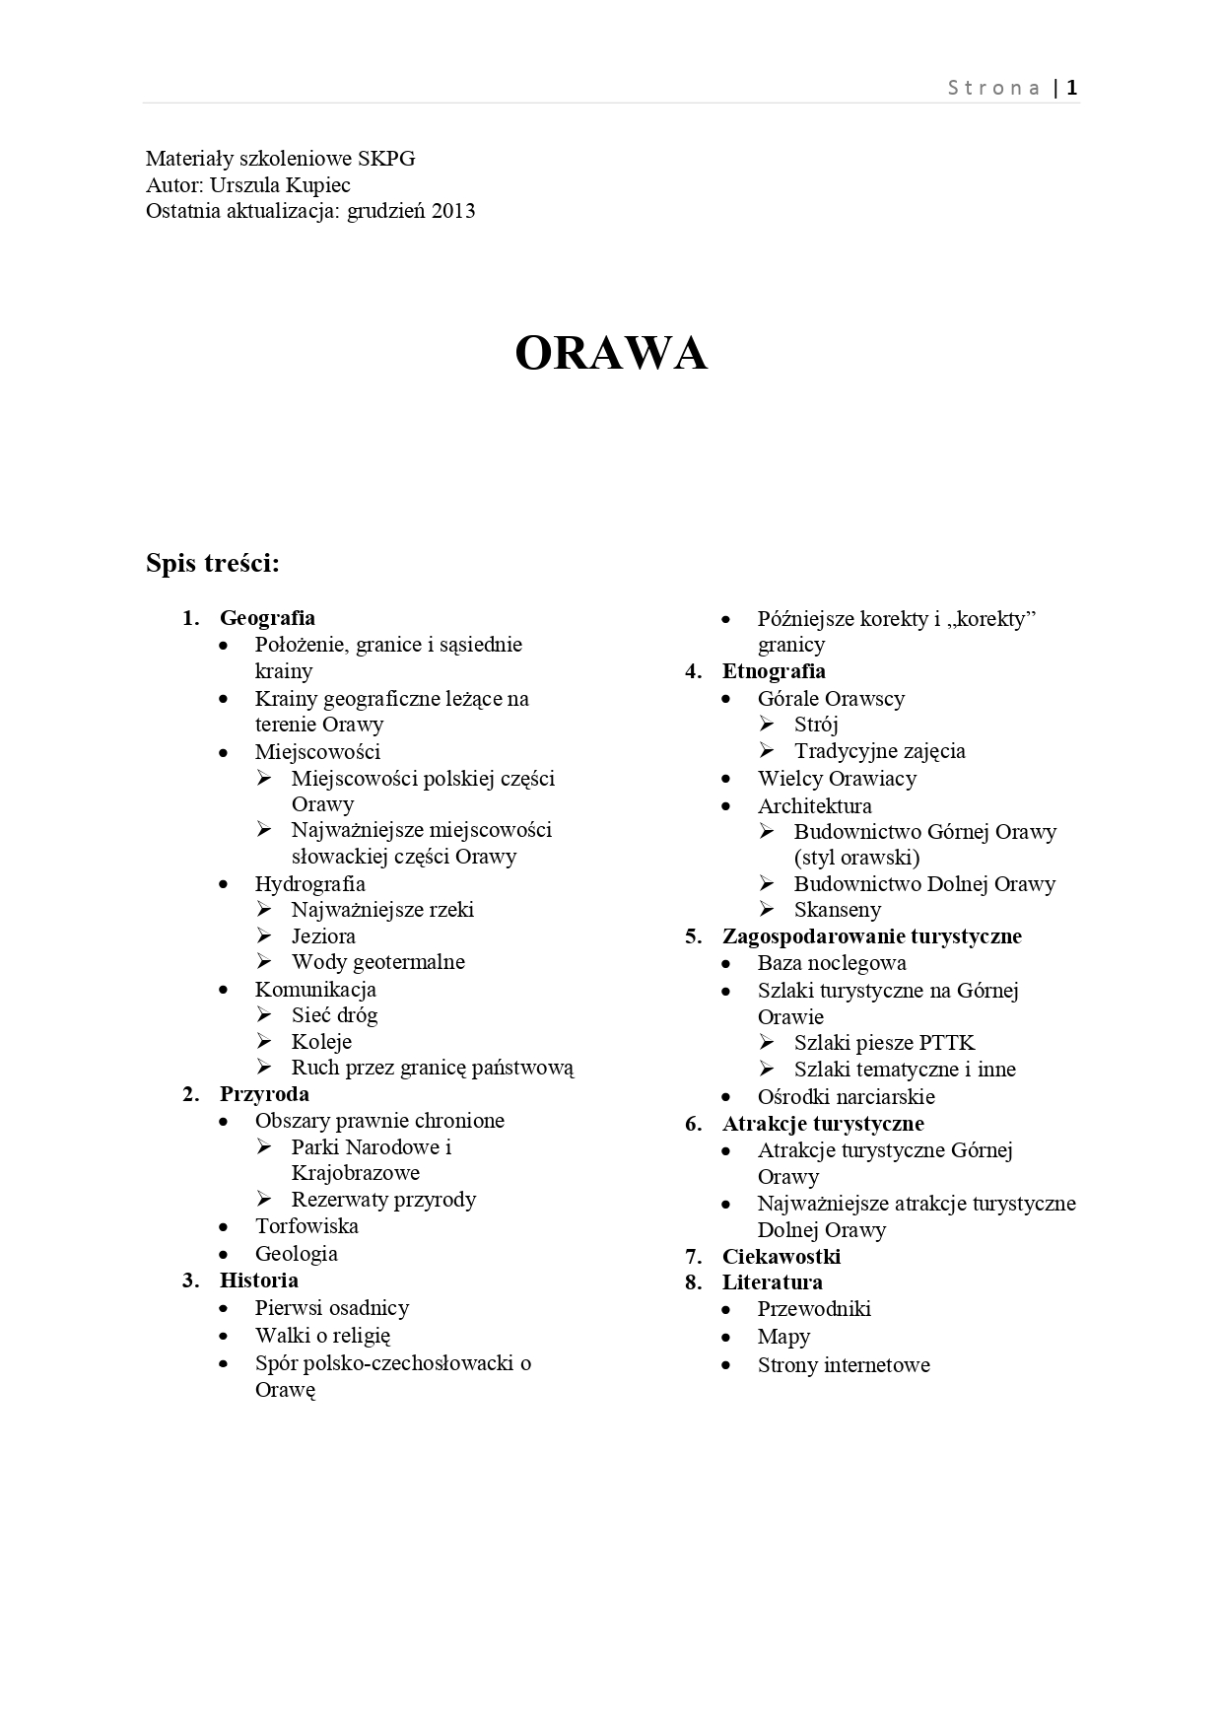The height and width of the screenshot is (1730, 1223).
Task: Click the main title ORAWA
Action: [611, 353]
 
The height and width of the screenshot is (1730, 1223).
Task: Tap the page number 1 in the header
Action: [1072, 88]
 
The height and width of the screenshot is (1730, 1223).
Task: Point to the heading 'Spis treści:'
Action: [213, 563]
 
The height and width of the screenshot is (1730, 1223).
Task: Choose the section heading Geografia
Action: [267, 618]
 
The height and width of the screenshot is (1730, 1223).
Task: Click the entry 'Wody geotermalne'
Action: [377, 962]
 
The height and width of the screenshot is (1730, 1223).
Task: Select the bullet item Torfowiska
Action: [306, 1226]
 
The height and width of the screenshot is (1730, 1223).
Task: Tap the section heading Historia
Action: [258, 1280]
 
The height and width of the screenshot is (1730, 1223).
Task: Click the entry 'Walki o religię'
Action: [322, 1336]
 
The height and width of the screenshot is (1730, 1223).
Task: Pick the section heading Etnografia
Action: [774, 671]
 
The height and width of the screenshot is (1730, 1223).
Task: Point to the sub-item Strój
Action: [816, 725]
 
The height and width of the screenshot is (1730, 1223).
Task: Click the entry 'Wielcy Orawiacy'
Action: [837, 779]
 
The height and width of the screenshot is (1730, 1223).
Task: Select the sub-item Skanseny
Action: [838, 910]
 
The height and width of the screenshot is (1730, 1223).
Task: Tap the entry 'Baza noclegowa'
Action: [832, 963]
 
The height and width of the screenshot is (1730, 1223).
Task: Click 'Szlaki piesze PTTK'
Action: [884, 1043]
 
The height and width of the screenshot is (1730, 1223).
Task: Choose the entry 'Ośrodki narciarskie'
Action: [846, 1097]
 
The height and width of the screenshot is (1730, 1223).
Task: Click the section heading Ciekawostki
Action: [781, 1256]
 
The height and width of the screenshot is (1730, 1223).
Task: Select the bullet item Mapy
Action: [783, 1337]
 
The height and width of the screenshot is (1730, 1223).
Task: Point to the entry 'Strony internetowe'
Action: [844, 1365]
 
